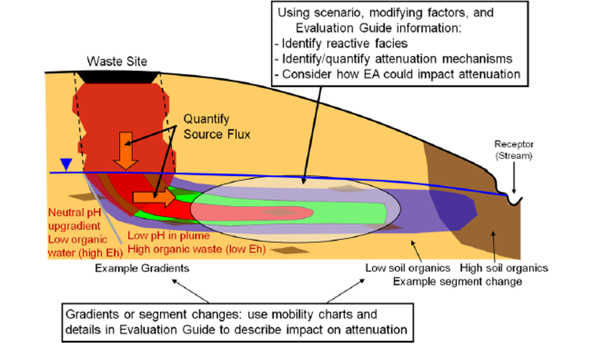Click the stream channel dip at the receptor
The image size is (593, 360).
tap(514, 200)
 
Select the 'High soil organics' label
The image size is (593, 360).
tap(505, 268)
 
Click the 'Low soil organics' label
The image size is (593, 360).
tap(408, 268)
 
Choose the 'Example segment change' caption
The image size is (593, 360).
tap(458, 281)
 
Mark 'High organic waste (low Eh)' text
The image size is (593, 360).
tap(197, 249)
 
